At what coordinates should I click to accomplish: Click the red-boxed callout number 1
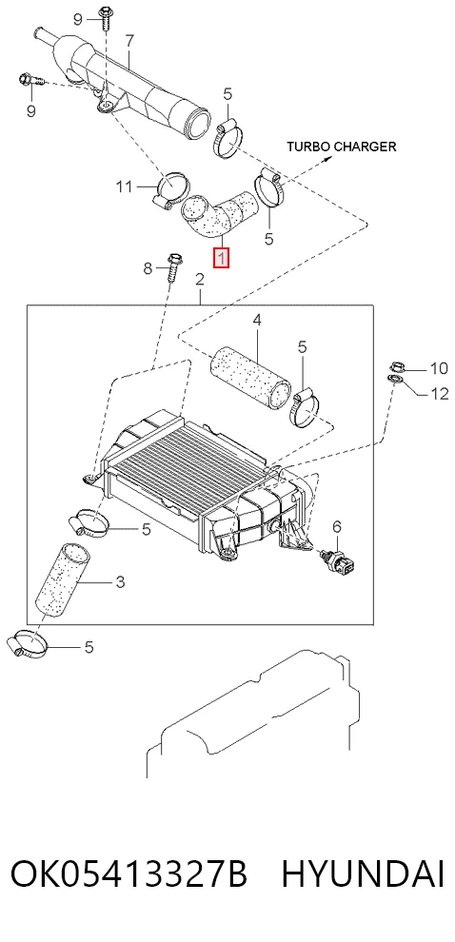coord(222,258)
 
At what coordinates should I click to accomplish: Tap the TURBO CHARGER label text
coord(341,146)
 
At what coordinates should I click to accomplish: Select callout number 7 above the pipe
coord(129,41)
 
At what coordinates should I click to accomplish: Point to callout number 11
coord(124,186)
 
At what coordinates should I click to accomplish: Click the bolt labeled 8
coord(173,271)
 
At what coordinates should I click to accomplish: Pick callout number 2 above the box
coord(200,280)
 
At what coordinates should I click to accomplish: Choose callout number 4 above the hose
coord(257,321)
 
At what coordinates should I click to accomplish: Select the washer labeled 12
coord(395,379)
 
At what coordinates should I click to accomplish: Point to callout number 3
coord(120,581)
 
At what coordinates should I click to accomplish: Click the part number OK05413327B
coord(129,874)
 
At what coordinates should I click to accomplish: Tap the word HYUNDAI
coord(363,874)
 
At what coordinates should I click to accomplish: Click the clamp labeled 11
coord(171,190)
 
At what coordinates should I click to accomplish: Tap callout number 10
coord(439,368)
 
